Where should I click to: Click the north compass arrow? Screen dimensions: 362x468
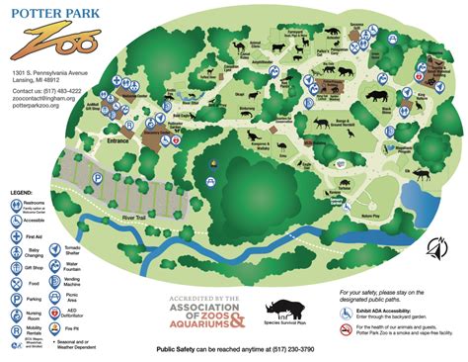[x=432, y=248]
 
